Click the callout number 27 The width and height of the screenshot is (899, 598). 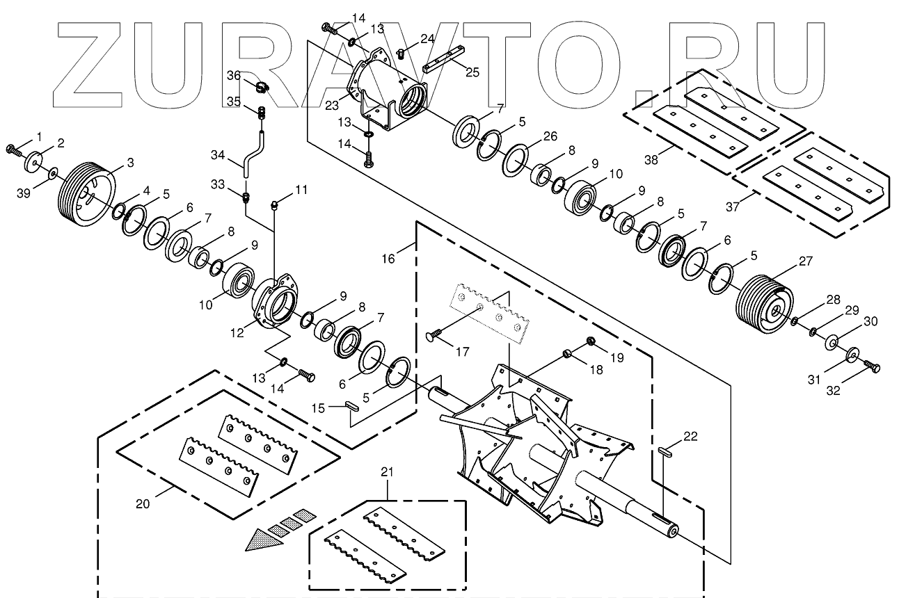point(805,261)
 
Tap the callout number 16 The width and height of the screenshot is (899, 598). point(388,259)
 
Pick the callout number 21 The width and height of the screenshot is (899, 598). point(388,473)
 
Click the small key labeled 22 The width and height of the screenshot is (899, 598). point(666,451)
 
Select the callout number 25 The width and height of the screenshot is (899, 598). point(472,72)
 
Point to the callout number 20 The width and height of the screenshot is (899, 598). point(142,503)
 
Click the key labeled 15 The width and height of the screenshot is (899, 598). point(352,406)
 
